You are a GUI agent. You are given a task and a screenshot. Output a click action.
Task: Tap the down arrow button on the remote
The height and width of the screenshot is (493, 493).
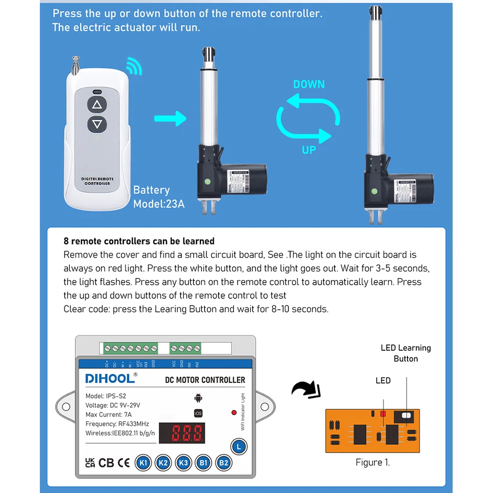97,124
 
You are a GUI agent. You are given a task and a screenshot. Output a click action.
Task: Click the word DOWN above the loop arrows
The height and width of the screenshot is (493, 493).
309,84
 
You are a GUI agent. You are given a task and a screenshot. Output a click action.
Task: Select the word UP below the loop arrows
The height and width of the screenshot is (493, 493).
309,150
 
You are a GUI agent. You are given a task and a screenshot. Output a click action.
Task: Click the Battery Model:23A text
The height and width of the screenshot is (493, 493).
158,197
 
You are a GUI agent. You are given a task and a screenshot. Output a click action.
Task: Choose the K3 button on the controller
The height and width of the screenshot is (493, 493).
184,463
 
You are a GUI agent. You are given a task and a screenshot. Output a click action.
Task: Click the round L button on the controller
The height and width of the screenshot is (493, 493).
239,447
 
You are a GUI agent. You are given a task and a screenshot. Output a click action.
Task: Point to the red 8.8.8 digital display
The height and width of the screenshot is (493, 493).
183,433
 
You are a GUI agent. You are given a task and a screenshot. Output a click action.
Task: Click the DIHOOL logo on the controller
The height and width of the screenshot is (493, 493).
111,378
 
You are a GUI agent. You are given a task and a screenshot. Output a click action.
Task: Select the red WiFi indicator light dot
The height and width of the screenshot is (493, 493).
234,413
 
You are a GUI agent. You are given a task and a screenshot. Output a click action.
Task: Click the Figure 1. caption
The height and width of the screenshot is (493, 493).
372,462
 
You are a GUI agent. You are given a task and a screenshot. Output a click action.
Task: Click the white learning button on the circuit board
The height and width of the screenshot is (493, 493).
406,416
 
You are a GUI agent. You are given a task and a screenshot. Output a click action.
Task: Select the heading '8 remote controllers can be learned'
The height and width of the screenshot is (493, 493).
139,241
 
